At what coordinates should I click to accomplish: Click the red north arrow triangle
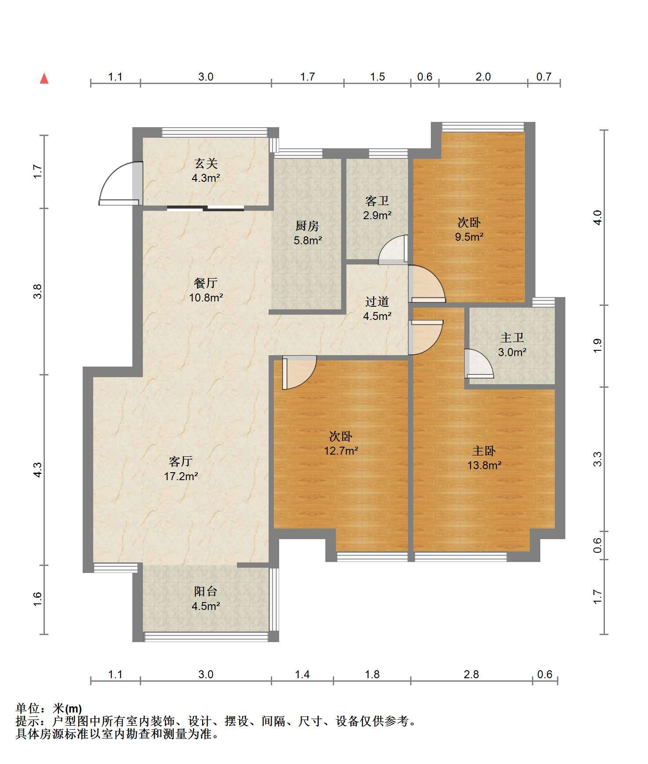[44, 78]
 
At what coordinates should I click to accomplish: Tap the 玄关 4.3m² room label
[206, 171]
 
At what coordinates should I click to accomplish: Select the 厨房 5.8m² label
[307, 233]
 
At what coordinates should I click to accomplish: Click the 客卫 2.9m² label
[378, 208]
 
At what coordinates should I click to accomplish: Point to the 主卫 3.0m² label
[512, 345]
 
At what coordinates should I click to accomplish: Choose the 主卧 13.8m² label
[484, 458]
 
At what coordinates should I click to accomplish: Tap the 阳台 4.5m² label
[206, 599]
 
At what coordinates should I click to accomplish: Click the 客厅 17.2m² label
[181, 468]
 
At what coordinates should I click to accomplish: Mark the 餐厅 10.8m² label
[206, 290]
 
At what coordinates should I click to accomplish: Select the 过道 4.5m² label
[378, 309]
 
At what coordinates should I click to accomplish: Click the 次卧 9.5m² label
[469, 230]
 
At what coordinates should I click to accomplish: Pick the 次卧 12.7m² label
[341, 444]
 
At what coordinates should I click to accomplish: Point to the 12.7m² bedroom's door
[299, 372]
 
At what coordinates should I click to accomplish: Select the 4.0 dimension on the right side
[597, 217]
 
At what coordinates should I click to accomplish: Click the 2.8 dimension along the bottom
[471, 674]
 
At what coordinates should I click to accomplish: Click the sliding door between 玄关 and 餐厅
[205, 208]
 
